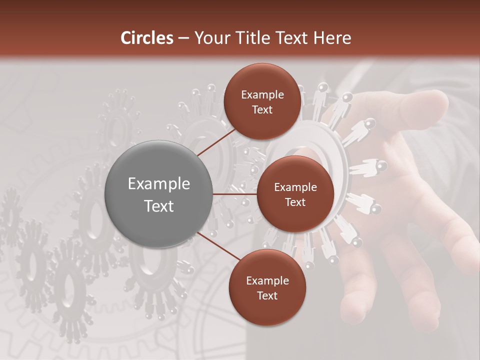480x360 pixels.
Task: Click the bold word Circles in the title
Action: pyautogui.click(x=147, y=38)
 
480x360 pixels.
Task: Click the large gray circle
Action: pyautogui.click(x=159, y=194)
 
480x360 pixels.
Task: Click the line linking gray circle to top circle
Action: pyautogui.click(x=216, y=142)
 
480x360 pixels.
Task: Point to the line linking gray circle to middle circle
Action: pyautogui.click(x=235, y=194)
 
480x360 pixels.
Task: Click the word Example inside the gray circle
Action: pyautogui.click(x=159, y=184)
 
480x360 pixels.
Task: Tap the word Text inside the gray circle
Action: pyautogui.click(x=159, y=206)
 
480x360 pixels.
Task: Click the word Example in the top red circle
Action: pyautogui.click(x=262, y=95)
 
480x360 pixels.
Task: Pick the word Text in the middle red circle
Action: pyautogui.click(x=295, y=202)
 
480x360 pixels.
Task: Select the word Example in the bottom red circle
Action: pyautogui.click(x=267, y=281)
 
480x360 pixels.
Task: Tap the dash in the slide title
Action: pyautogui.click(x=183, y=38)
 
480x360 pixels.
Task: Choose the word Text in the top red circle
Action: pyautogui.click(x=262, y=110)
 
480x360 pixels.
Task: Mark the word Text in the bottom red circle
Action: pyautogui.click(x=267, y=296)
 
